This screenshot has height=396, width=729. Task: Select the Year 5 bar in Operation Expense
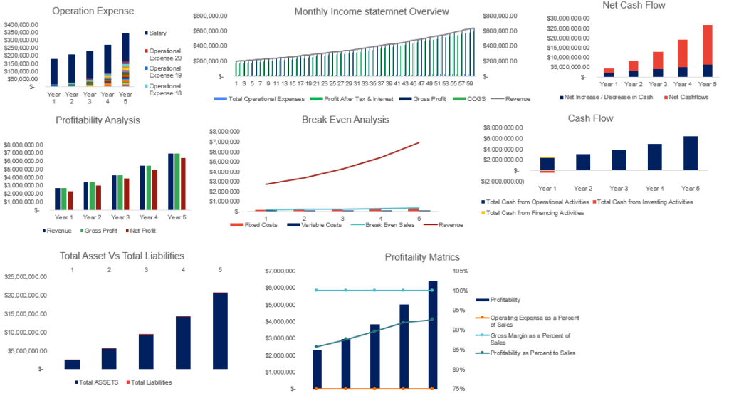coord(125,61)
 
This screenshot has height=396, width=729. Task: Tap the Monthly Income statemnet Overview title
coord(372,11)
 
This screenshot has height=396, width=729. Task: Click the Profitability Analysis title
coord(98,120)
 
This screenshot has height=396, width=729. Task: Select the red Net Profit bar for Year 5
coord(183,184)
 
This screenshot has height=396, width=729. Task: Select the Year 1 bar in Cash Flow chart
coord(547,165)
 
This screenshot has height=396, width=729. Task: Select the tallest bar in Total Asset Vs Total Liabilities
coord(220,331)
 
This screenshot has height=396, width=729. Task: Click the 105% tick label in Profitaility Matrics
coord(460,271)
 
